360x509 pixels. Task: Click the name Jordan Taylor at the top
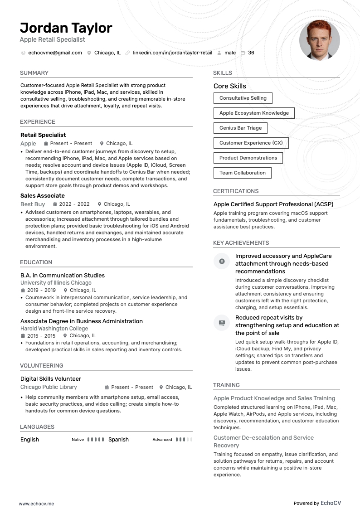click(x=66, y=28)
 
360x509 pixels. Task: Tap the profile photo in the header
click(x=319, y=40)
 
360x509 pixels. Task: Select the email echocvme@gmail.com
click(x=55, y=53)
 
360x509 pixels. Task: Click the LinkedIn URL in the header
click(x=172, y=53)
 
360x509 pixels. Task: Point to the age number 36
click(x=251, y=53)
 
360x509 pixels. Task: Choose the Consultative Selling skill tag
click(x=243, y=98)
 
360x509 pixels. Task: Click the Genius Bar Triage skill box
click(x=240, y=128)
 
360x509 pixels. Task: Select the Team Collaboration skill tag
click(x=242, y=173)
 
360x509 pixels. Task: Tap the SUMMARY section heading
click(x=34, y=73)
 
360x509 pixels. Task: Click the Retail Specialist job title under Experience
click(x=43, y=135)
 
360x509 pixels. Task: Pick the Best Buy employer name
click(x=33, y=204)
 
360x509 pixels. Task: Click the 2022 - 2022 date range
click(x=74, y=204)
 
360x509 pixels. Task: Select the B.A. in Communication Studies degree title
click(x=63, y=276)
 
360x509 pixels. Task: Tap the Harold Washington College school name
click(x=54, y=329)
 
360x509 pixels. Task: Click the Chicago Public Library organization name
click(x=49, y=387)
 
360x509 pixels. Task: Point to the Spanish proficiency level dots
click(x=184, y=440)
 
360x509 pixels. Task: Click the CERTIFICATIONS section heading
click(x=236, y=191)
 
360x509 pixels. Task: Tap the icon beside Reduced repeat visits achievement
click(x=222, y=322)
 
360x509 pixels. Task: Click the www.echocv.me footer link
click(x=36, y=503)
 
